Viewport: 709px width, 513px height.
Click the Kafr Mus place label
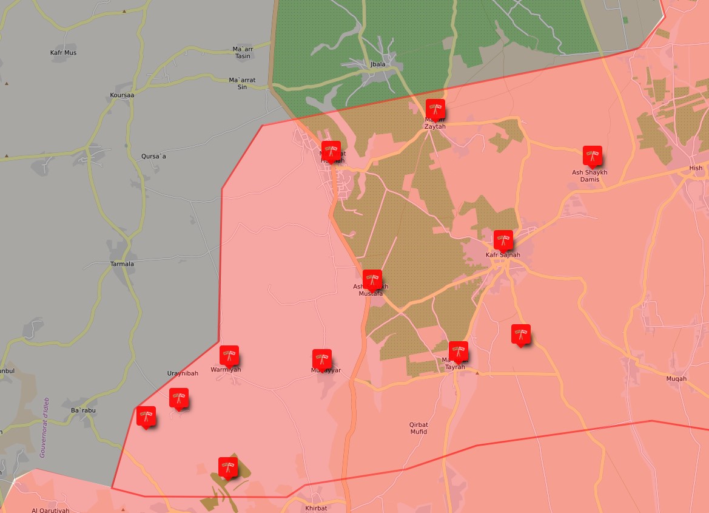pos(63,53)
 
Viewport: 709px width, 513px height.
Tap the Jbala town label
pos(378,64)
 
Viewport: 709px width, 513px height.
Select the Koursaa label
pos(122,95)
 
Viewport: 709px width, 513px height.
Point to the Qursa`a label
pos(153,156)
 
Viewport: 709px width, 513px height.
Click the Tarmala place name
pos(122,264)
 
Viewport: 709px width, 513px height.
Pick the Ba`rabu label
pos(83,410)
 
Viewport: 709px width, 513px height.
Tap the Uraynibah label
pos(183,373)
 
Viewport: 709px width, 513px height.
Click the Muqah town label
pos(676,379)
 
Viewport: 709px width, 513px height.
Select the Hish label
pos(696,168)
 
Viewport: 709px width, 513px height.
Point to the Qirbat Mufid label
pos(418,428)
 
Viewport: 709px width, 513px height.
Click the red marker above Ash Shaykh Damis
pos(592,155)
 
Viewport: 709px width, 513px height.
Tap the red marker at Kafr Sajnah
pos(503,240)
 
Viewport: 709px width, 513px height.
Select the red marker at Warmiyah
pos(229,355)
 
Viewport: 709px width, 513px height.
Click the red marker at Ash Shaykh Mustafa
pos(372,279)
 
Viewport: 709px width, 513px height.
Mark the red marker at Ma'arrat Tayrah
pos(458,351)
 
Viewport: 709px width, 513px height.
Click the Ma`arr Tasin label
pos(242,52)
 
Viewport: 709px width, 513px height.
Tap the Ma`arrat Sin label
pos(242,83)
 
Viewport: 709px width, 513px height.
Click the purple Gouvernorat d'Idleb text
pos(44,428)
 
